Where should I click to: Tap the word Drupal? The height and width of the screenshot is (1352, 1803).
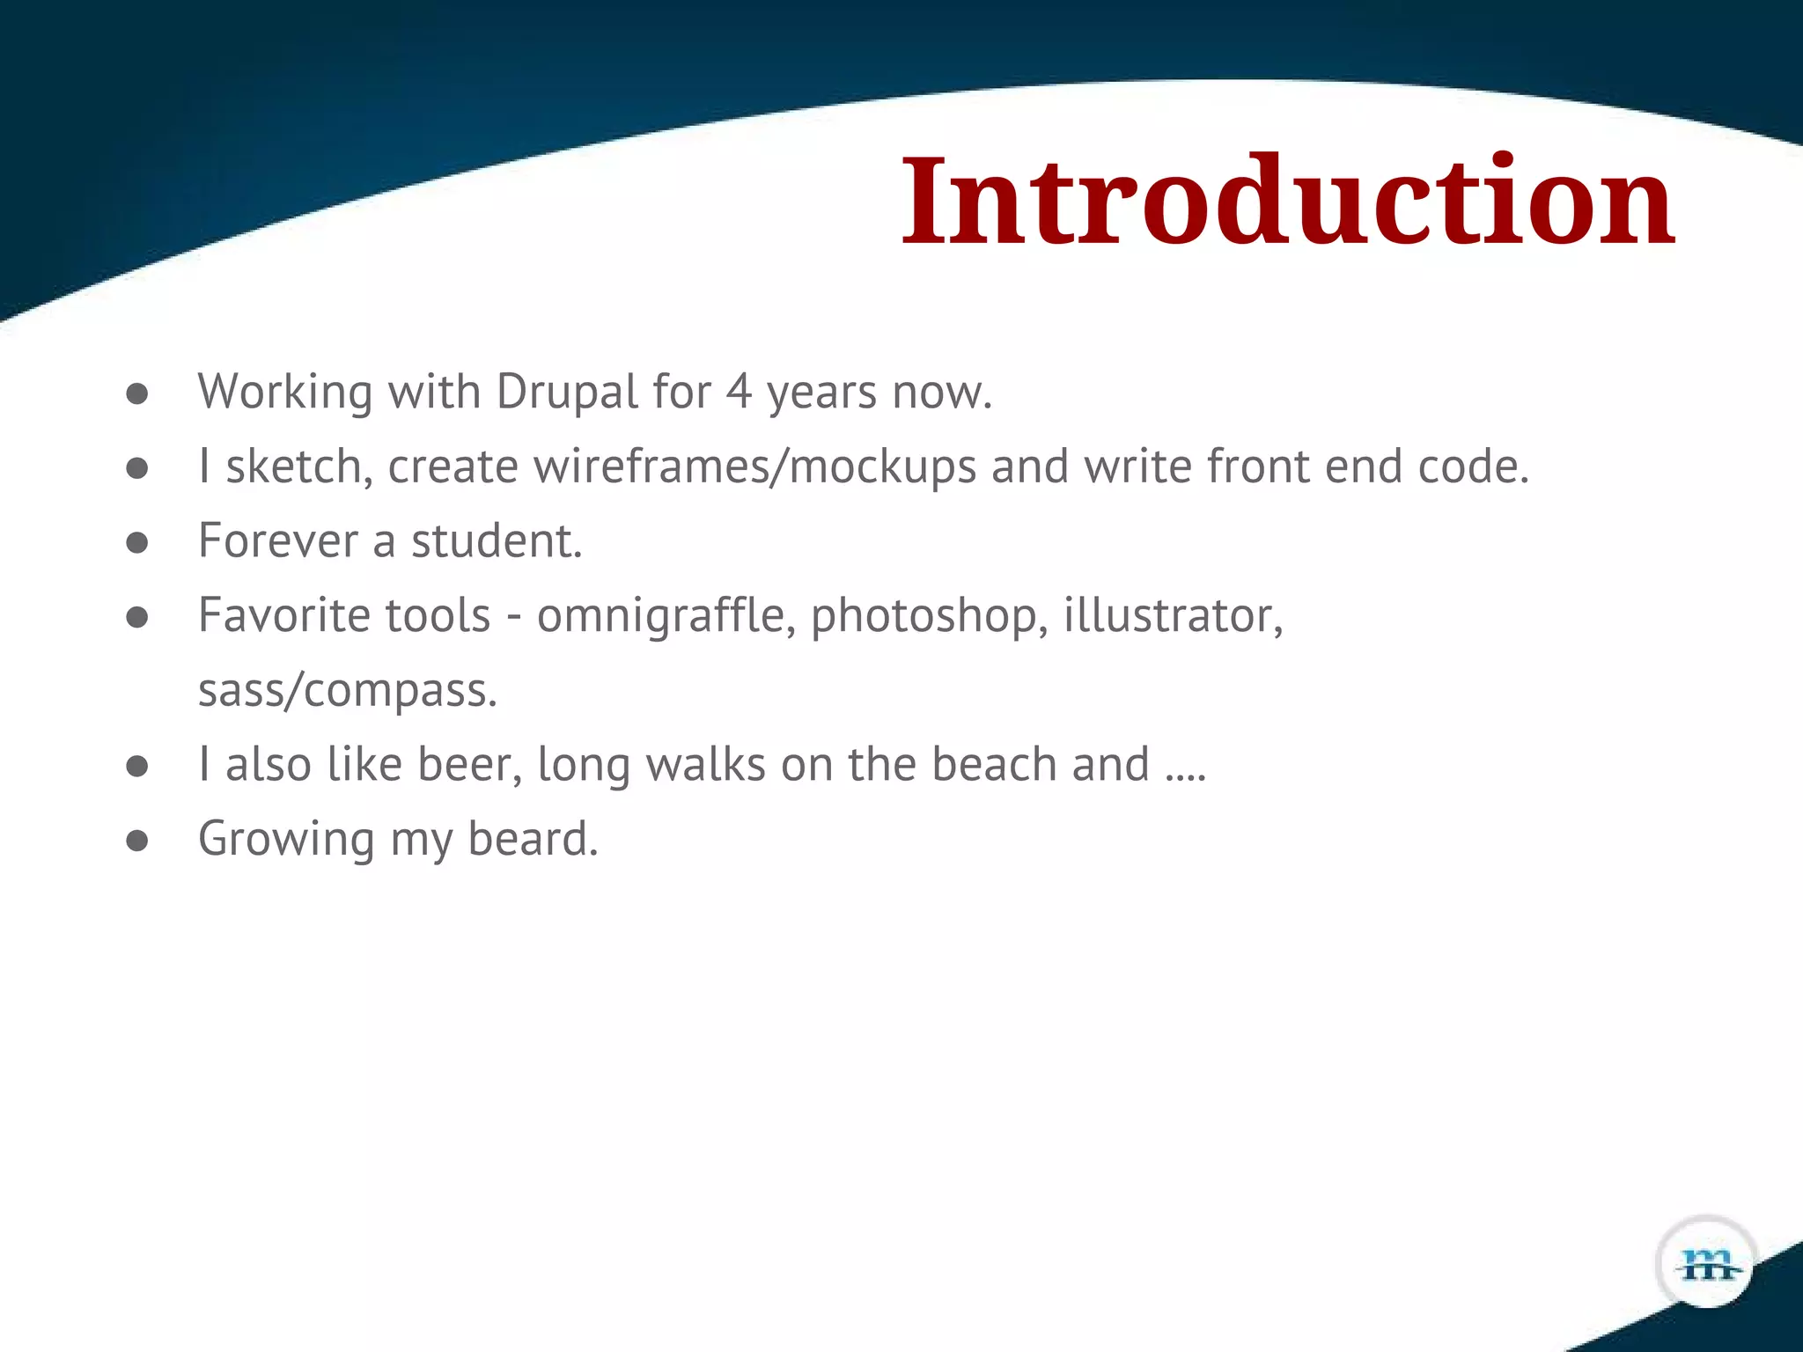coord(567,392)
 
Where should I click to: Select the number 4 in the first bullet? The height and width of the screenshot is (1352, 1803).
coord(740,392)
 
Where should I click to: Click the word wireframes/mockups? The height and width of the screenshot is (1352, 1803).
coord(754,467)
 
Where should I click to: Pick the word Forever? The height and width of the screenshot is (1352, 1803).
coord(277,540)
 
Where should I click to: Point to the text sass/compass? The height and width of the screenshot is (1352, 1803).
coord(348,690)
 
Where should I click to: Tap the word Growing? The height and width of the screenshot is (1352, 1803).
coord(286,839)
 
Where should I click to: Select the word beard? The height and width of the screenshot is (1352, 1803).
coord(533,839)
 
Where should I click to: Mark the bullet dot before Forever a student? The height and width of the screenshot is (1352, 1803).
coord(136,542)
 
